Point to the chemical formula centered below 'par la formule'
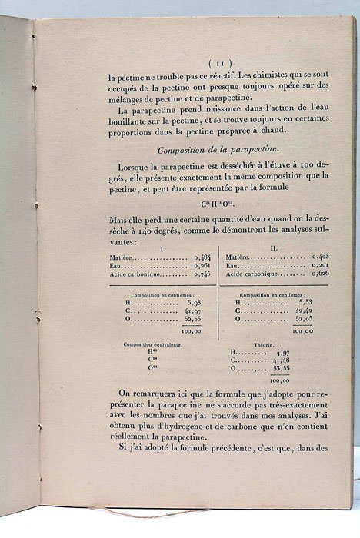[218, 204]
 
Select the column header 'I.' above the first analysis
[161, 248]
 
